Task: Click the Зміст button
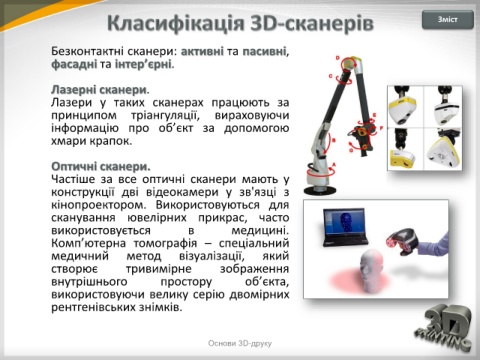pyautogui.click(x=448, y=20)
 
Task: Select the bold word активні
pyautogui.click(x=202, y=51)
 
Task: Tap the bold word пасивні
pyautogui.click(x=264, y=51)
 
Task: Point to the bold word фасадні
pyautogui.click(x=74, y=64)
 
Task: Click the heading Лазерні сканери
pyautogui.click(x=100, y=90)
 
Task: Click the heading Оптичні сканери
pyautogui.click(x=101, y=166)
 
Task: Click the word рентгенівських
pyautogui.click(x=93, y=307)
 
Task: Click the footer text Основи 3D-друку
pyautogui.click(x=240, y=343)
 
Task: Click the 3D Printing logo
pyautogui.click(x=443, y=327)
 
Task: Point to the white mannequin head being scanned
pyautogui.click(x=371, y=271)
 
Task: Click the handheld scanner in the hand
pyautogui.click(x=404, y=242)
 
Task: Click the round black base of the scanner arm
pyautogui.click(x=320, y=190)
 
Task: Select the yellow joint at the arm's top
pyautogui.click(x=349, y=63)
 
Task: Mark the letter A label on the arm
pyautogui.click(x=334, y=165)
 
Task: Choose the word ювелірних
pyautogui.click(x=157, y=218)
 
